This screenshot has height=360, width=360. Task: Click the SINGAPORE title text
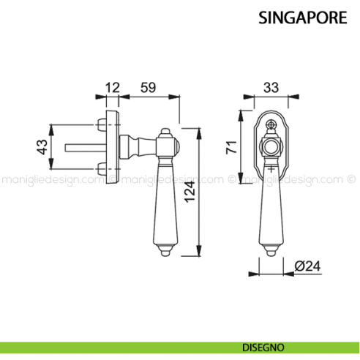(302, 18)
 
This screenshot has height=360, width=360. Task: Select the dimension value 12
(111, 88)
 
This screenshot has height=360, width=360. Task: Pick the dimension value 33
(271, 88)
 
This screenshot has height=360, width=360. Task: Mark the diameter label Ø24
(307, 266)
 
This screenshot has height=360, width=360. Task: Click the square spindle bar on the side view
(86, 149)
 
